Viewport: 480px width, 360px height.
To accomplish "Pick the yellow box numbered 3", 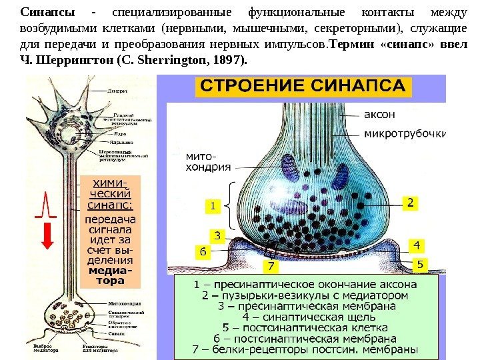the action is [x=217, y=235].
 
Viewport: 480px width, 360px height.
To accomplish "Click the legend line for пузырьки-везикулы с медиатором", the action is [x=305, y=295].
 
